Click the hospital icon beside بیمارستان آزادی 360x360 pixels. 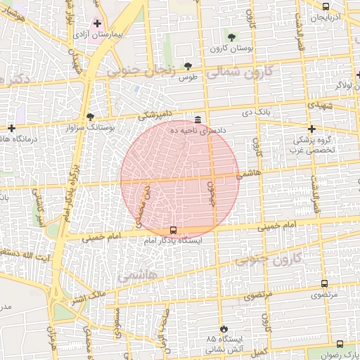97,23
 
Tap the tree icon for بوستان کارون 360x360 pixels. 232,37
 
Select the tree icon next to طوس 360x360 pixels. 188,66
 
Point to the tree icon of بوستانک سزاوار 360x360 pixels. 89,117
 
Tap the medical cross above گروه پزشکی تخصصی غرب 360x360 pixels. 311,129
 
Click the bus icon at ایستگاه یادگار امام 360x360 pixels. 173,229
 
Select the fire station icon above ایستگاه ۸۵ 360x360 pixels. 224,328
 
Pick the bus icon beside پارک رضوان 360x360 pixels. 340,344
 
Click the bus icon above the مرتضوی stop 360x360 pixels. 323,283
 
